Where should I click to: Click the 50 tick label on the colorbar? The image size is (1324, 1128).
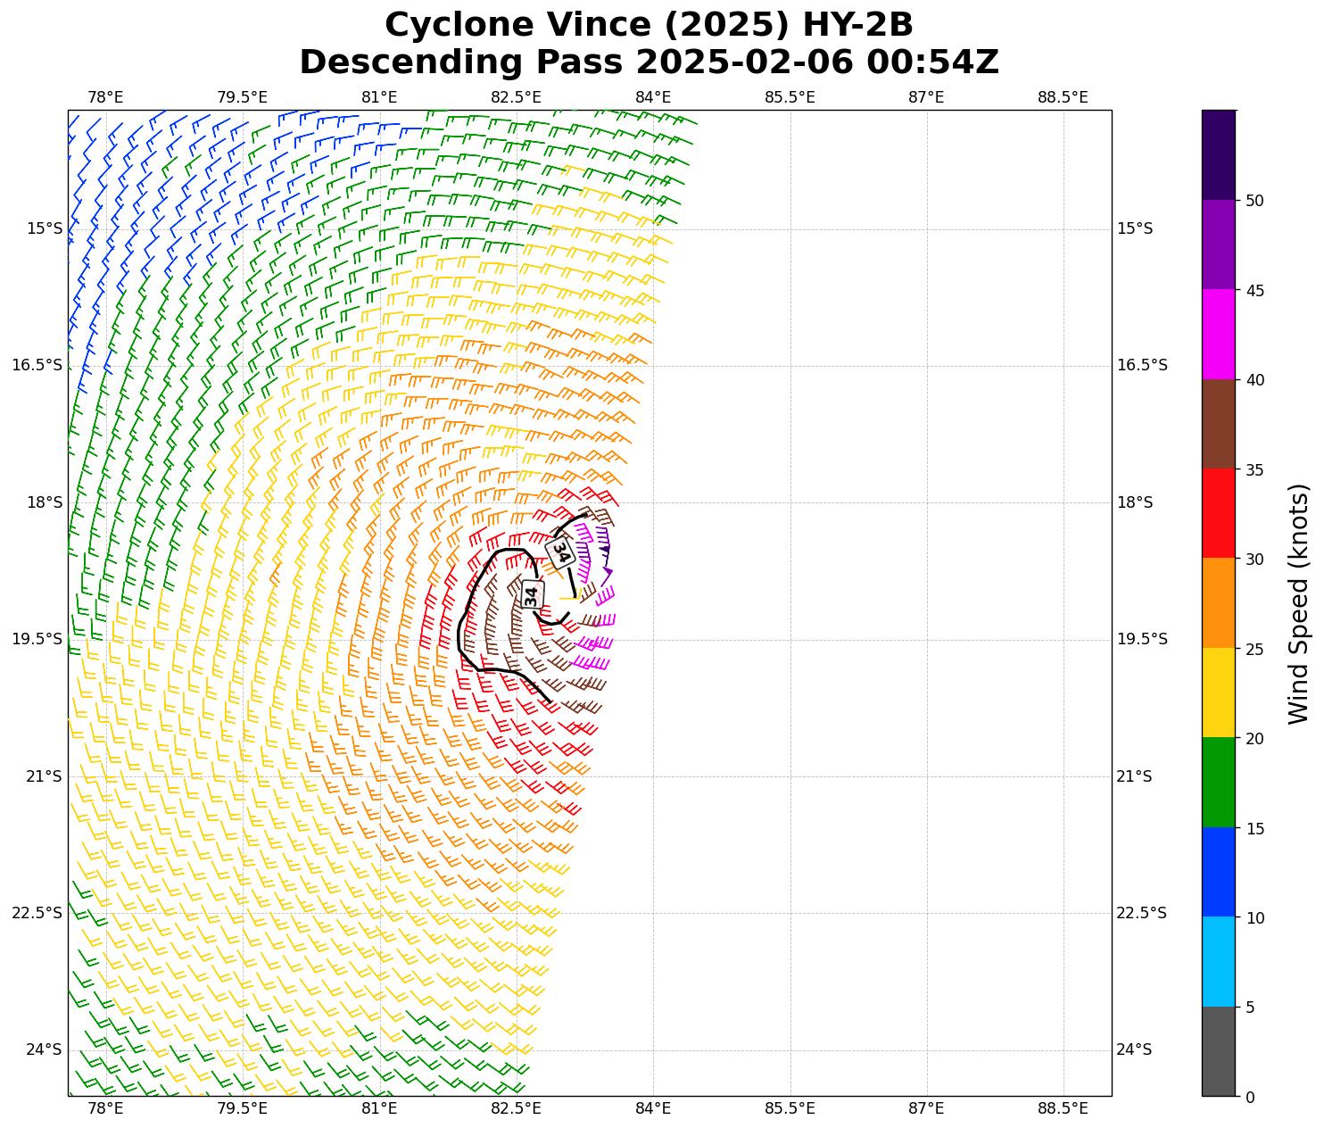tap(1254, 201)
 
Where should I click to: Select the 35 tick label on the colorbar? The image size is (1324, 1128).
tap(1254, 469)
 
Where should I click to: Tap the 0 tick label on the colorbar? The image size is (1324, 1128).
tap(1250, 1097)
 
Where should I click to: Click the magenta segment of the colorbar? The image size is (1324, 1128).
tap(1219, 335)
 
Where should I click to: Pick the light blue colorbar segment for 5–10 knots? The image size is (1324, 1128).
tap(1219, 961)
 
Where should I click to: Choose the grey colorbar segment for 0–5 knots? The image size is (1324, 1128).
tap(1219, 1051)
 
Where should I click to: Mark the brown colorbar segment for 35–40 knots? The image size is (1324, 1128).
tap(1219, 424)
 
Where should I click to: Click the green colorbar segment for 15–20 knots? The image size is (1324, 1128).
tap(1219, 782)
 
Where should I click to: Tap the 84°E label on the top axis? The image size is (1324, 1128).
tap(653, 96)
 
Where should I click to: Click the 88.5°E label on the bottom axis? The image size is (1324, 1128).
tap(1063, 1108)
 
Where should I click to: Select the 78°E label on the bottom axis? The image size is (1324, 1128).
tap(105, 1108)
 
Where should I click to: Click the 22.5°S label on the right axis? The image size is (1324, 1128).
tap(1142, 913)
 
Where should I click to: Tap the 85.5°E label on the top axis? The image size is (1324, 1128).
tap(790, 96)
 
